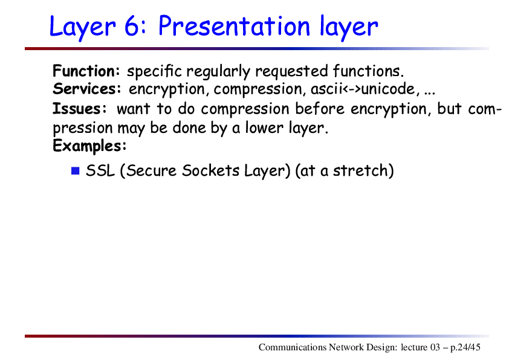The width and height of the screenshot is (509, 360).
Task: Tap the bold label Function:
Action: pyautogui.click(x=86, y=71)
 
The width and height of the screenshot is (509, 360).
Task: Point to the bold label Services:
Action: pyautogui.click(x=87, y=89)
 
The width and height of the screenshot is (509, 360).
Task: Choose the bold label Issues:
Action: pyautogui.click(x=80, y=108)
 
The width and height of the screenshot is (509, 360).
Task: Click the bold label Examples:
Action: pyautogui.click(x=89, y=146)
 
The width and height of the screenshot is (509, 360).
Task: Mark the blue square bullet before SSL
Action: pyautogui.click(x=76, y=170)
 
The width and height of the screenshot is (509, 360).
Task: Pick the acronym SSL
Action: pyautogui.click(x=100, y=170)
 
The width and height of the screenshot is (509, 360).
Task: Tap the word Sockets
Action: pyautogui.click(x=211, y=170)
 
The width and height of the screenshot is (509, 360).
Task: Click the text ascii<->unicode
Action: pyautogui.click(x=363, y=89)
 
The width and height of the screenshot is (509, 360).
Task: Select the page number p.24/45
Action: pyautogui.click(x=465, y=347)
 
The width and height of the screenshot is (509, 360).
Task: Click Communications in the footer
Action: pyautogui.click(x=292, y=347)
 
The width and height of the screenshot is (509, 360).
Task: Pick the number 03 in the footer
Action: pyautogui.click(x=435, y=347)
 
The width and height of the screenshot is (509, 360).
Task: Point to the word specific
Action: pyautogui.click(x=154, y=71)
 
